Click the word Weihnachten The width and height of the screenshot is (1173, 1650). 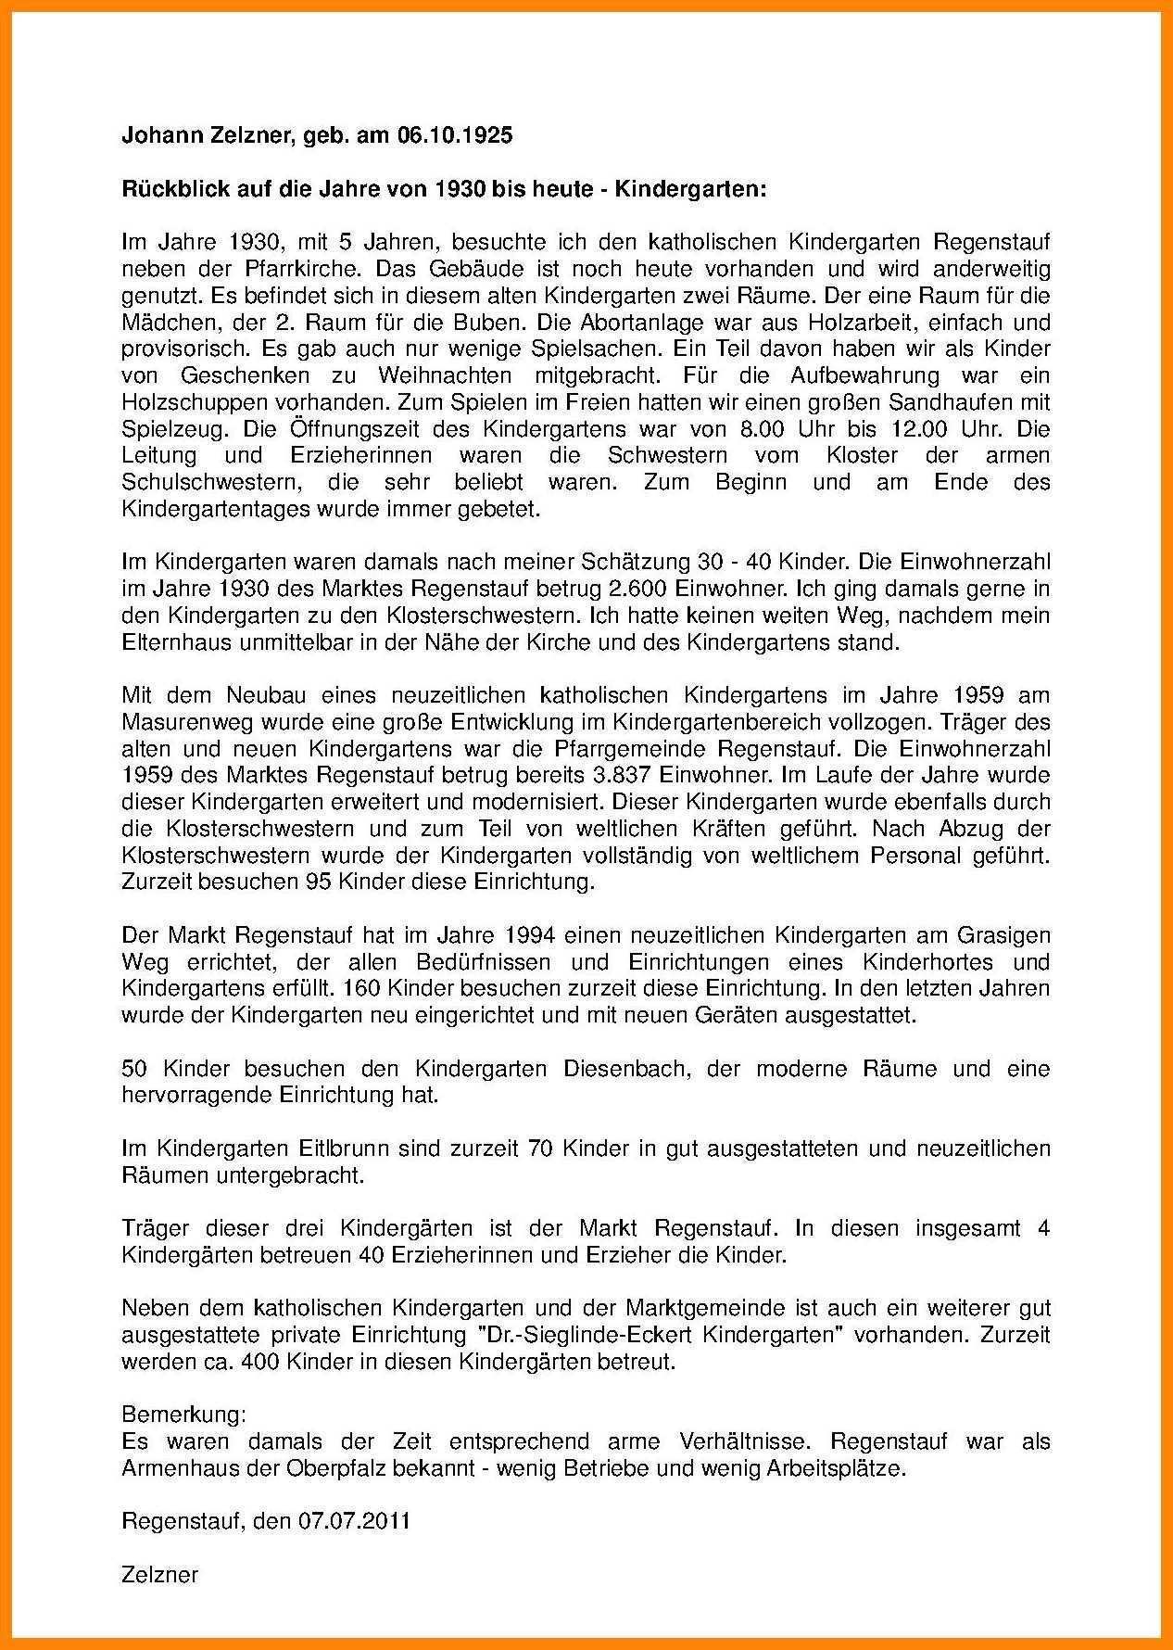[445, 376]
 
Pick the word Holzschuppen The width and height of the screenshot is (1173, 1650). [183, 403]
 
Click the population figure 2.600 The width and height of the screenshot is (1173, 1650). [638, 589]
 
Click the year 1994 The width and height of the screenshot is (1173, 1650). [532, 935]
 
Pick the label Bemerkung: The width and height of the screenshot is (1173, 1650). [184, 1415]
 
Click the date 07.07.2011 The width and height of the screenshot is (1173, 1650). [354, 1522]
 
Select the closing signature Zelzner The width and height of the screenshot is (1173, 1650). [160, 1575]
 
